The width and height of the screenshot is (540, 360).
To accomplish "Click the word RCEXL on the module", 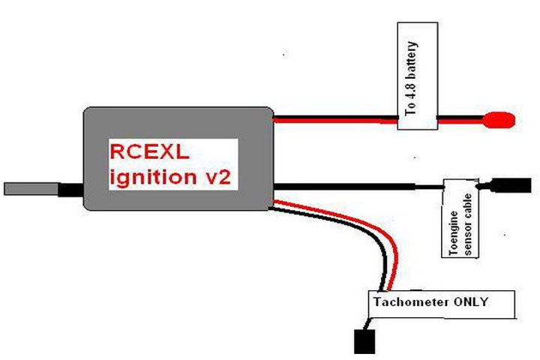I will click(x=148, y=152).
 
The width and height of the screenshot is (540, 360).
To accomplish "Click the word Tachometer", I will click(x=405, y=302).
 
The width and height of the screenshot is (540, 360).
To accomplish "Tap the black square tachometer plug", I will click(x=365, y=340).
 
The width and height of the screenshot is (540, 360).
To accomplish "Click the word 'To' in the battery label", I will click(x=411, y=109).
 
